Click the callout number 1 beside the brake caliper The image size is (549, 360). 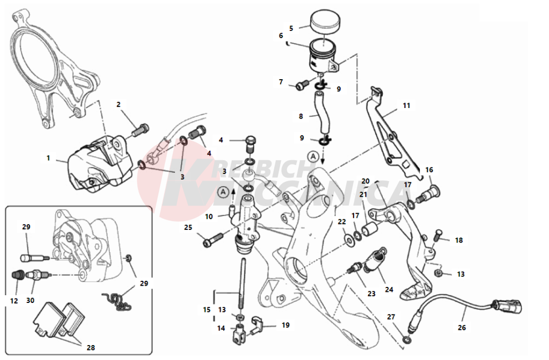48,158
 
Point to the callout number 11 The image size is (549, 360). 407,105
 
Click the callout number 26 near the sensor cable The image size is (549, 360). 462,327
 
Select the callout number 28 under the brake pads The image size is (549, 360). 91,347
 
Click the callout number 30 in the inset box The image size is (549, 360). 30,301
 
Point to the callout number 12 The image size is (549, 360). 14,301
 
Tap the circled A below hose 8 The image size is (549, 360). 314,157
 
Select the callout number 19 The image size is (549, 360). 285,325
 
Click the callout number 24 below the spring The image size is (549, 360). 389,289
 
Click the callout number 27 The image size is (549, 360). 391,317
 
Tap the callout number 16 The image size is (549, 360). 429,170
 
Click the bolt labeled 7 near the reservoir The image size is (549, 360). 302,85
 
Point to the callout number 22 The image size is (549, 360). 342,222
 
